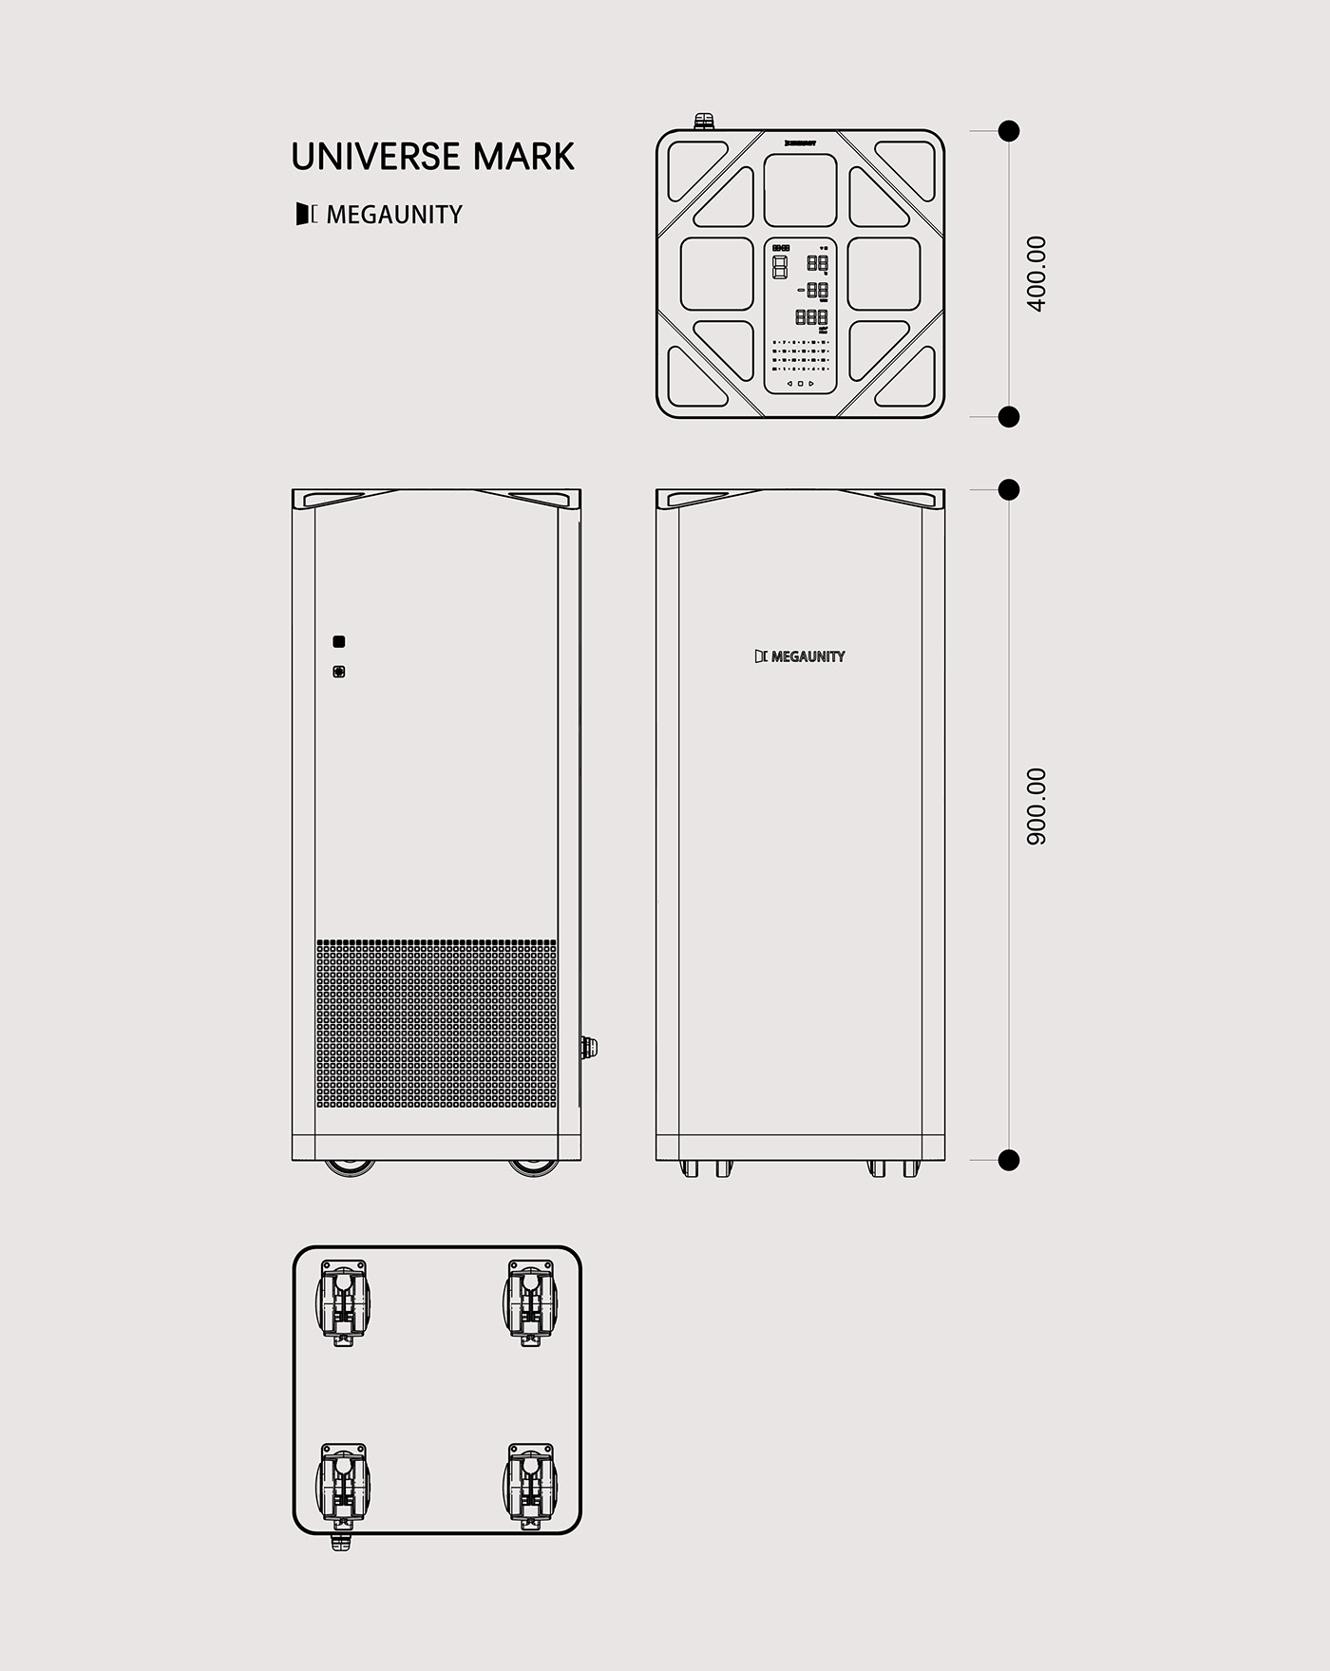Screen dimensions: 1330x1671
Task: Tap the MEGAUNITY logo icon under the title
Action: click(x=306, y=215)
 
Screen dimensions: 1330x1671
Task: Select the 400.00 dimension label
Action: click(x=1036, y=274)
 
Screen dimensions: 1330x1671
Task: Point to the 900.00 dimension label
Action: click(x=1036, y=807)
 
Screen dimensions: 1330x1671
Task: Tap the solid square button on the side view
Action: click(x=338, y=642)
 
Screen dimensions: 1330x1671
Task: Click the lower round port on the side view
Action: click(x=338, y=672)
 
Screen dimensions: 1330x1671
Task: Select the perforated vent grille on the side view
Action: click(x=436, y=1025)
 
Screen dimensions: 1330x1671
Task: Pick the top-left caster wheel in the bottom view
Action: click(x=343, y=1301)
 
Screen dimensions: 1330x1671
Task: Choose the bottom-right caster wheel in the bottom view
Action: click(x=530, y=1487)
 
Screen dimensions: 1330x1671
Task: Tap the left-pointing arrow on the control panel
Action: click(x=789, y=384)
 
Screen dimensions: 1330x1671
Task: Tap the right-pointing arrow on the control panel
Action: click(x=811, y=384)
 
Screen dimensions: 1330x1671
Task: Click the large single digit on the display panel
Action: click(x=780, y=267)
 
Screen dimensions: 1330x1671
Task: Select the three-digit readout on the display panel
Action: click(x=811, y=317)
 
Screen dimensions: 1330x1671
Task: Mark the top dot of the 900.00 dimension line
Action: click(x=1009, y=490)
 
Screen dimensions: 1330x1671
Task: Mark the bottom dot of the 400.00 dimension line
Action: click(x=1009, y=416)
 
